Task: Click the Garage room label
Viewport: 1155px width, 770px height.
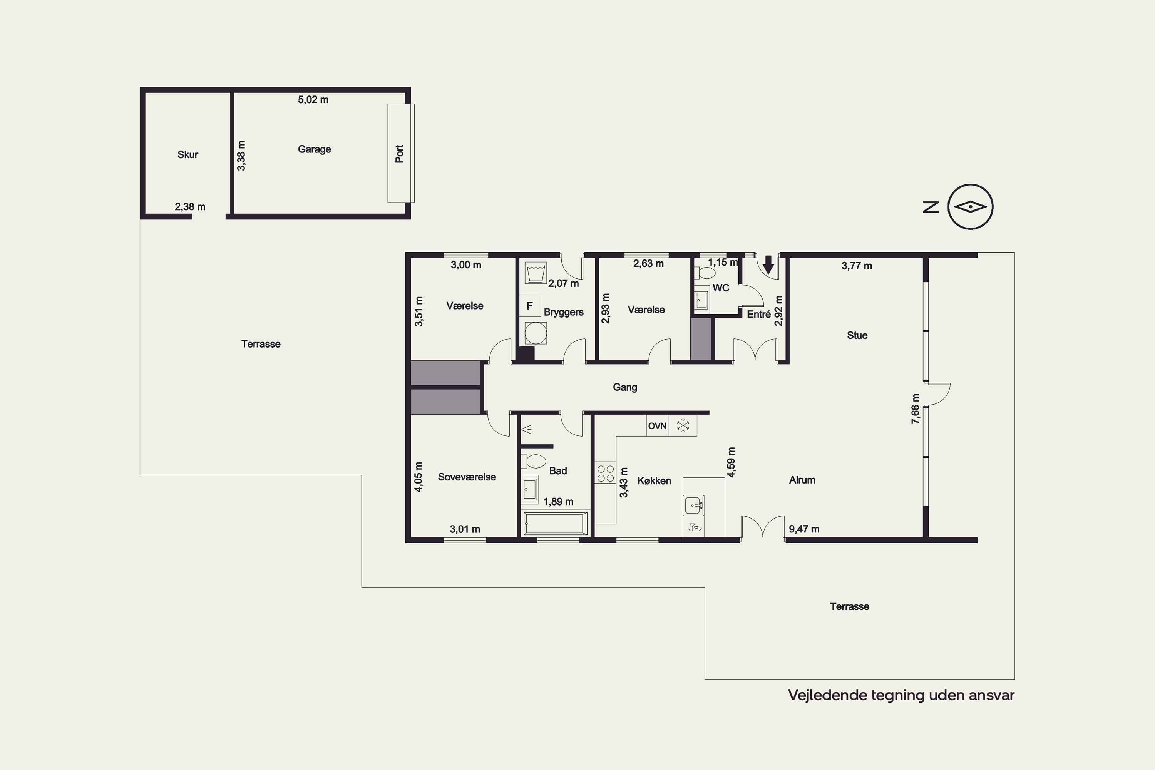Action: [x=314, y=149]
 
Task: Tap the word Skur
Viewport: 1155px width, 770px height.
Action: [x=187, y=155]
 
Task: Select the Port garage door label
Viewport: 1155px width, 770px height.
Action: [x=399, y=154]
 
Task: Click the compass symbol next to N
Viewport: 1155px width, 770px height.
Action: [x=970, y=207]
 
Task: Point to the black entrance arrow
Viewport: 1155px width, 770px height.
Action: [x=768, y=265]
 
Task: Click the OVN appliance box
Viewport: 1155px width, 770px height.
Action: [x=657, y=426]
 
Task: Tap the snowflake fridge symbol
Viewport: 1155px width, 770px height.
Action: [x=683, y=426]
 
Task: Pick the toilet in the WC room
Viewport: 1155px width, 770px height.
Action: [x=704, y=273]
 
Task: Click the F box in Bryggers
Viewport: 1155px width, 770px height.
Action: [x=530, y=305]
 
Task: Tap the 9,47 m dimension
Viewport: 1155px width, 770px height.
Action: [x=804, y=529]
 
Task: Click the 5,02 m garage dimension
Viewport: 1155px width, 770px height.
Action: [x=313, y=100]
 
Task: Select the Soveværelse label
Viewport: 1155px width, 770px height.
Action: [x=467, y=477]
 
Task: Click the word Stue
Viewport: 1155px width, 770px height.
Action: [x=857, y=335]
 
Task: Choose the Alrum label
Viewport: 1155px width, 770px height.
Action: [x=802, y=480]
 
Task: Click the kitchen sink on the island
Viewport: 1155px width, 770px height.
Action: [x=693, y=504]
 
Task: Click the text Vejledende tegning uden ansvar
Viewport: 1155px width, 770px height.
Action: [x=901, y=695]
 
